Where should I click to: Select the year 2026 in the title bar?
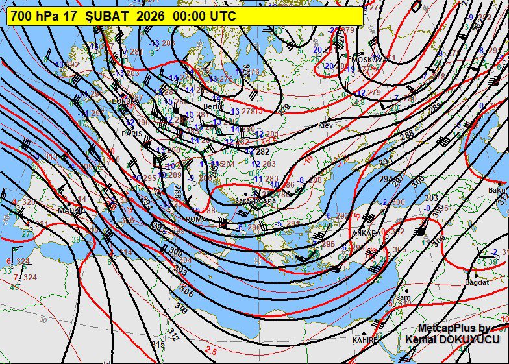(151, 16)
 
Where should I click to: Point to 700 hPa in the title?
(35, 16)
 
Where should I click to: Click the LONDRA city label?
(125, 101)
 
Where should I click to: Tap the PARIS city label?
(131, 133)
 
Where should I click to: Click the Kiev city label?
(325, 125)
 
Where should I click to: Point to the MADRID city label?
(71, 210)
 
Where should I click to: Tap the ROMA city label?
(195, 219)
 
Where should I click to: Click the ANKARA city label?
(365, 232)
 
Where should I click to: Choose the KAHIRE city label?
(364, 340)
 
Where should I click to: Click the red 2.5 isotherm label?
(211, 351)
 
